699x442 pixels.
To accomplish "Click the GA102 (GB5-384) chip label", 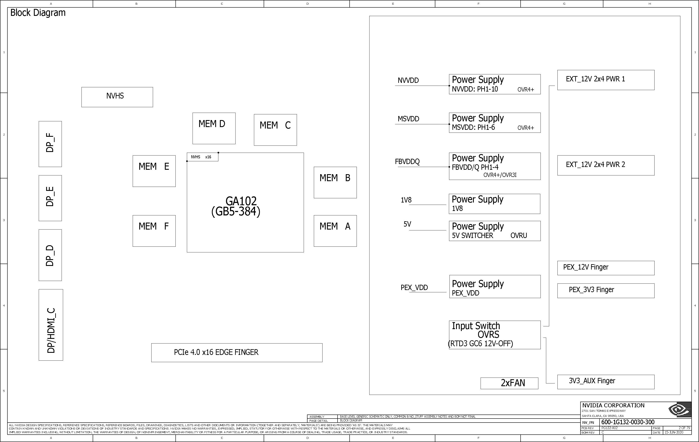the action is (236, 206).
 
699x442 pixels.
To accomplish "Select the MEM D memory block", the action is (214, 128).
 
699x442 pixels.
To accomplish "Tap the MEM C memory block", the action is (275, 130).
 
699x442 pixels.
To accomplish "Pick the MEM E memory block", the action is (154, 171).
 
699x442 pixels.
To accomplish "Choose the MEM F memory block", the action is (154, 231).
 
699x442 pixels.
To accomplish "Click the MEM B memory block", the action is (335, 182).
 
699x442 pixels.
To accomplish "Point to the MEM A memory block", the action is (335, 231).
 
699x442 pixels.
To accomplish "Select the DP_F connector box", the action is (50, 144).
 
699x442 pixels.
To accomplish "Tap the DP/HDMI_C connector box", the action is (51, 325).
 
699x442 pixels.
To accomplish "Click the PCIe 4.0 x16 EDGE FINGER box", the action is (237, 353).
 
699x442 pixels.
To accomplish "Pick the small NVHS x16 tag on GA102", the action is (203, 157).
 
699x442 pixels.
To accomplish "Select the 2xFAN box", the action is (509, 383).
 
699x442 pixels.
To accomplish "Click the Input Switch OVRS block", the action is (495, 335).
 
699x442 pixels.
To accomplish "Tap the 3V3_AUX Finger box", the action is (606, 382).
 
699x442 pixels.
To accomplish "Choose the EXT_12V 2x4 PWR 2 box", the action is (606, 165).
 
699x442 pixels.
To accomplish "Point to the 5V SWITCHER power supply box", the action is (495, 231).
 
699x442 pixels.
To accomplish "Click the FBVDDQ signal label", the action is (407, 161).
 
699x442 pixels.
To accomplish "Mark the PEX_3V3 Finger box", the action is (606, 291).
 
